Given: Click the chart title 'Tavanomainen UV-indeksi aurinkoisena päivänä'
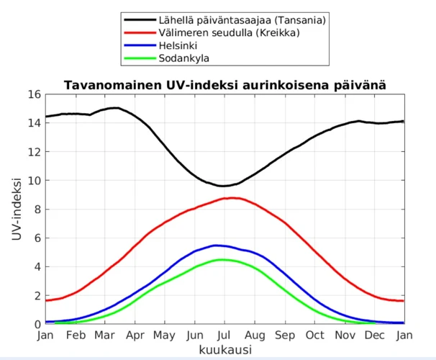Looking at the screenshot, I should tap(225, 85).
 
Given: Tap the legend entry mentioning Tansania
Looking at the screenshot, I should tap(242, 20).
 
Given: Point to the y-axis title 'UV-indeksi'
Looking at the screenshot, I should tap(16, 209).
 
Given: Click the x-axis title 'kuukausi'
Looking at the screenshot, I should tap(225, 349).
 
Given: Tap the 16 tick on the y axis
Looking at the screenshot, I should tap(34, 94).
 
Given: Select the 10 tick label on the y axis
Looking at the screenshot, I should tap(34, 181).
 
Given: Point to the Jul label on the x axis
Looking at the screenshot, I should tap(225, 335).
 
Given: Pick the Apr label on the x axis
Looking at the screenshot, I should tap(135, 335).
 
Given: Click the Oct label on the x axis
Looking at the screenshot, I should tap(314, 335).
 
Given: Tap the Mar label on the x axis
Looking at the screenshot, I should tap(105, 335).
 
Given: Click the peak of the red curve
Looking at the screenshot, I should tap(230, 197).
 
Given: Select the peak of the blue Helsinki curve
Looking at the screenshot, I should tap(217, 246).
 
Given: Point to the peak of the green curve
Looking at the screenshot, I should tap(223, 259).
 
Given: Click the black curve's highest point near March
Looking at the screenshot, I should tap(114, 108).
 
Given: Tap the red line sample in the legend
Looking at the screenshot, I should tap(140, 33).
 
